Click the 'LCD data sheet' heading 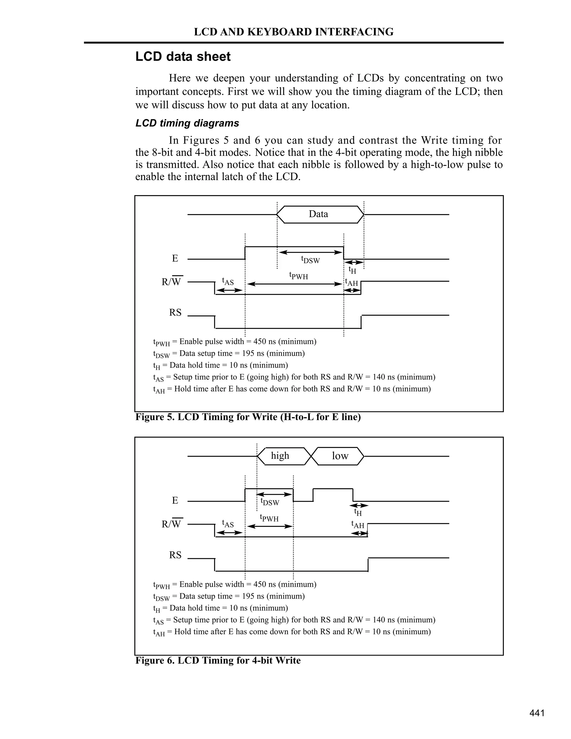(x=183, y=57)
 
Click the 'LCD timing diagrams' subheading (x=187, y=123)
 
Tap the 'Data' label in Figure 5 (x=318, y=214)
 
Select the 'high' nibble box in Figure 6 (x=280, y=456)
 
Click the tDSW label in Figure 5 (x=310, y=260)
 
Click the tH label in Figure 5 (x=352, y=270)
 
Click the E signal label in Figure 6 (x=175, y=501)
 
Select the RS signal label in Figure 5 (x=175, y=313)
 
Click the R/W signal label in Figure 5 (x=171, y=282)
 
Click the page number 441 (x=537, y=713)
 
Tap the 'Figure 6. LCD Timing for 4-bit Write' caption (x=218, y=660)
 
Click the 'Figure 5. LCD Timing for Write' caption (x=248, y=417)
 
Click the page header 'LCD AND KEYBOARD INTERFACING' (x=293, y=32)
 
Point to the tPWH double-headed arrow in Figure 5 (x=294, y=284)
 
